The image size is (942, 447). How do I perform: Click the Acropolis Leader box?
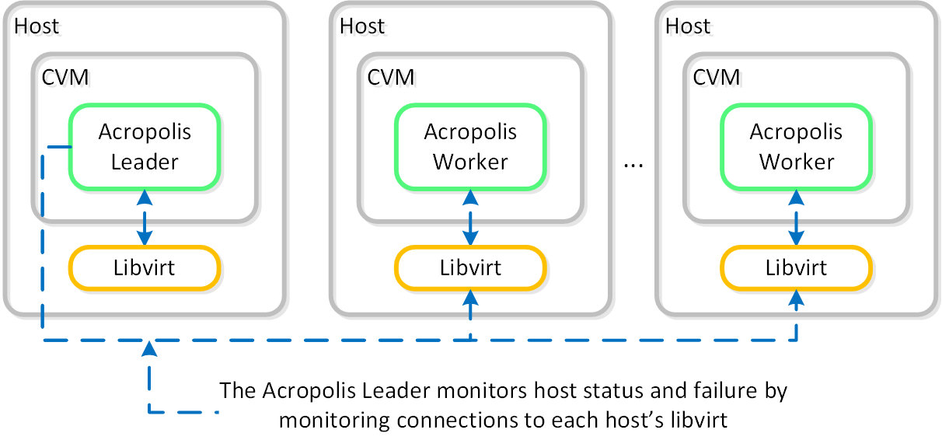coord(145,147)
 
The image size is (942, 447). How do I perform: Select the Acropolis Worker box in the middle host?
coord(470,147)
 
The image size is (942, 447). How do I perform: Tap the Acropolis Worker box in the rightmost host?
coord(797,147)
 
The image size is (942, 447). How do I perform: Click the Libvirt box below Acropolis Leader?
coord(145,268)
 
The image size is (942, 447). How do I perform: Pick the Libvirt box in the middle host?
coord(470,268)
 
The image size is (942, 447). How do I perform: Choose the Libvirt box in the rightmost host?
coord(797,268)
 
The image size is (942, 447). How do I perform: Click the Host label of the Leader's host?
coord(37,26)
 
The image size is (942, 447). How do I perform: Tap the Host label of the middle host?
coord(362,26)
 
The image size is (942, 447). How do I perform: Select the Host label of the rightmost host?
coord(688,26)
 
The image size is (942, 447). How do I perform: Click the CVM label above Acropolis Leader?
coord(65,77)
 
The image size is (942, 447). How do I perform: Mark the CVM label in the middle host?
coord(390,77)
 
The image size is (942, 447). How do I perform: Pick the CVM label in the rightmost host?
coord(716,77)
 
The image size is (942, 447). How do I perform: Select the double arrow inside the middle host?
coord(470,218)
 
